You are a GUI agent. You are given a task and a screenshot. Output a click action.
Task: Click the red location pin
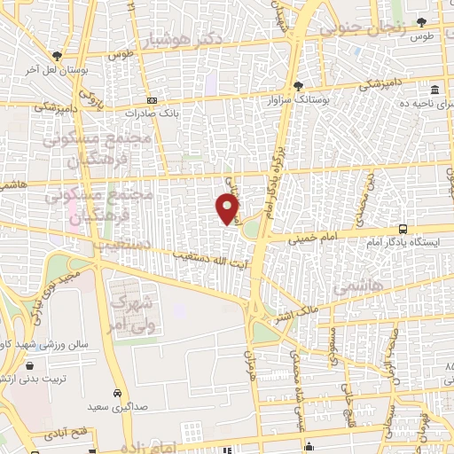[x=228, y=209]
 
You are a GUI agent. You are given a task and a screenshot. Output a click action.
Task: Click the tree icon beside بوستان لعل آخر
[x=58, y=55]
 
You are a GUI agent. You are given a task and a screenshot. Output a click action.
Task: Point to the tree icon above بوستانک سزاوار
[x=299, y=87]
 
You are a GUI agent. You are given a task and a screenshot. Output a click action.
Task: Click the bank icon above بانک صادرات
[x=152, y=100]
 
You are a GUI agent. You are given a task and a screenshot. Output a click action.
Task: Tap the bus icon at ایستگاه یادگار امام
[x=403, y=228]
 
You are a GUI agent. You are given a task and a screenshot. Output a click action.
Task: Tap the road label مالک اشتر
[x=295, y=314]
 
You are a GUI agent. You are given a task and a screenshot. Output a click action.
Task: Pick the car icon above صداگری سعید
[x=118, y=393]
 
